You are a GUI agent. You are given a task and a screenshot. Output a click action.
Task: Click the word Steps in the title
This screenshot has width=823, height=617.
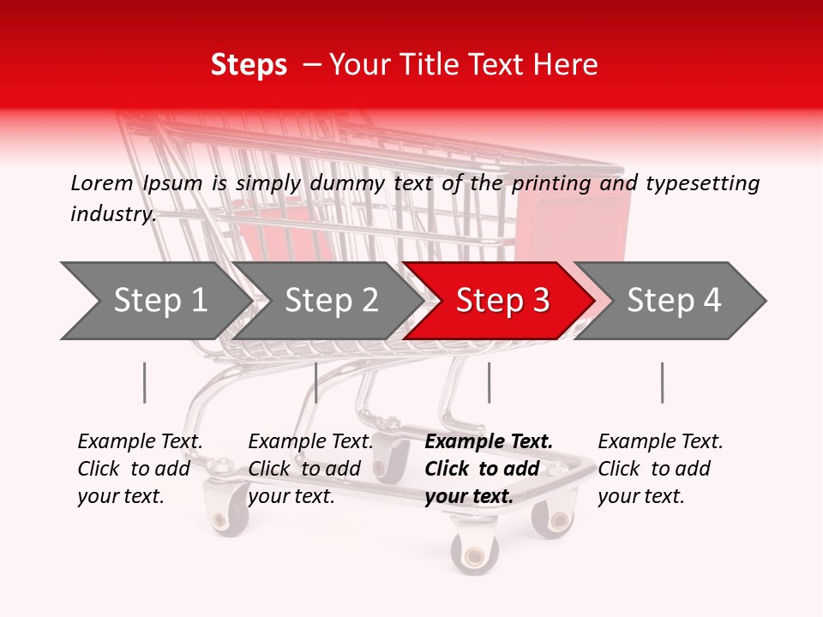[249, 65]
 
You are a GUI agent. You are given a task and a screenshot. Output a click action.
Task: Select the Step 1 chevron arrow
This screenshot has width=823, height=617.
[159, 301]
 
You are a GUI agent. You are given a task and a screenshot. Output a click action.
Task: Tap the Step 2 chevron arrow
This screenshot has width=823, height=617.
[331, 301]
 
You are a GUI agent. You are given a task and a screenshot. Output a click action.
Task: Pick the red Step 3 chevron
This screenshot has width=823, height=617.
[502, 301]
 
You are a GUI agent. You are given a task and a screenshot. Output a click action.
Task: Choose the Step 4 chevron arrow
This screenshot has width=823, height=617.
[674, 301]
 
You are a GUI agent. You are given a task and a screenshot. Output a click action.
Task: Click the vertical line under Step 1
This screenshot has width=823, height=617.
[144, 382]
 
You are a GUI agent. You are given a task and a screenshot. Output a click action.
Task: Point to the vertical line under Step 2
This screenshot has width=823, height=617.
[316, 382]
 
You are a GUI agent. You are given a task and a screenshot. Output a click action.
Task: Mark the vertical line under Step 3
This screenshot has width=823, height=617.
[489, 382]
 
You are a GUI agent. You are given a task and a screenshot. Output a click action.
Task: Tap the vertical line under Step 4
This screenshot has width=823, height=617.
[662, 382]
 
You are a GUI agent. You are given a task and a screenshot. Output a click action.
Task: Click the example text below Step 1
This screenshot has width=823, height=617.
[140, 469]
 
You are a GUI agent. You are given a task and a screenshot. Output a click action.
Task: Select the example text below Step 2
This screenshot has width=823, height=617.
[310, 469]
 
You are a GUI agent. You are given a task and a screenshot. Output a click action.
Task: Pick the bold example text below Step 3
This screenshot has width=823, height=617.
[489, 469]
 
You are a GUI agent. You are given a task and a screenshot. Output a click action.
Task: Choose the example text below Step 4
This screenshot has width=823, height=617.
[660, 469]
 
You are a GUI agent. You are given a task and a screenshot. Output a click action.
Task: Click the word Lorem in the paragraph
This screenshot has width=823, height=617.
[102, 183]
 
